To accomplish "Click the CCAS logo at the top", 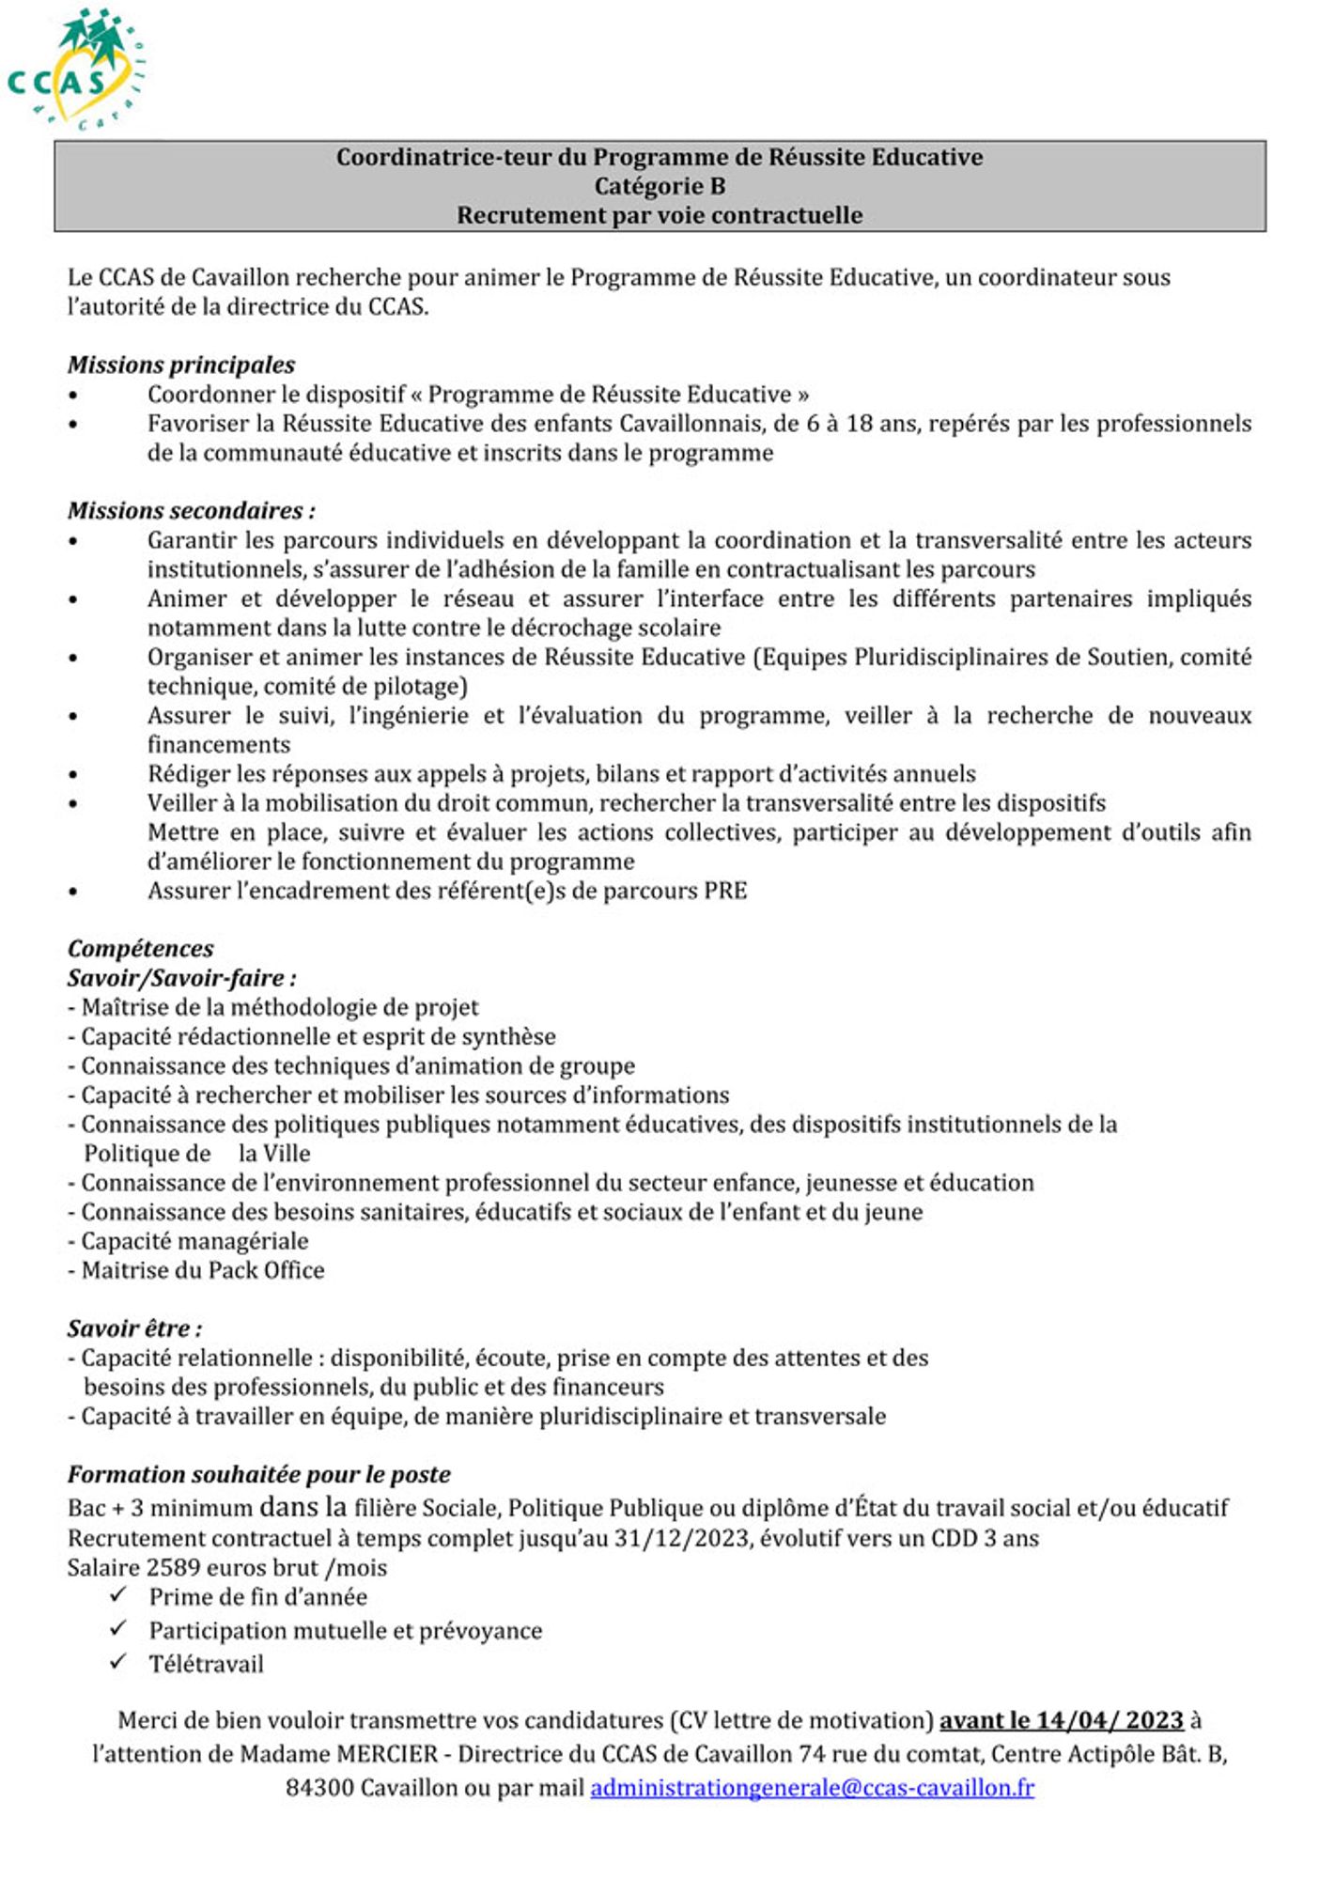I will click(x=75, y=68).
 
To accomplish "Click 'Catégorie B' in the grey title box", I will click(x=660, y=186).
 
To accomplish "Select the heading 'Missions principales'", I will click(x=180, y=365).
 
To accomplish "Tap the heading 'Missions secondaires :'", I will click(x=191, y=510).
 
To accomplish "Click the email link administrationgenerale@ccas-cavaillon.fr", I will click(x=812, y=1787).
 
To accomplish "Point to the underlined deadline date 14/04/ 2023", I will click(x=1109, y=1720).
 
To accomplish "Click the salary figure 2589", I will click(x=173, y=1567).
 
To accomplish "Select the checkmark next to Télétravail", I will click(x=118, y=1662).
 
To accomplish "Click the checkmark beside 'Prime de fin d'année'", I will click(x=118, y=1594).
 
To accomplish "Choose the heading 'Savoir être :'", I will click(x=134, y=1328).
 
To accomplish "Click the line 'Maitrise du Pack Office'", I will click(x=196, y=1270).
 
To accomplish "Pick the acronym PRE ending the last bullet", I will click(x=724, y=891).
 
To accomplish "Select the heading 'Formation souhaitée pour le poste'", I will click(x=258, y=1474).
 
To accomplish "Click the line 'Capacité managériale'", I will click(x=188, y=1241).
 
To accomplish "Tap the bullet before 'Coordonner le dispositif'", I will click(x=73, y=396).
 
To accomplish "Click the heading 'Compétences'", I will click(x=140, y=948).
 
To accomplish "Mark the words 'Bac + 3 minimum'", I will click(x=160, y=1509).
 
